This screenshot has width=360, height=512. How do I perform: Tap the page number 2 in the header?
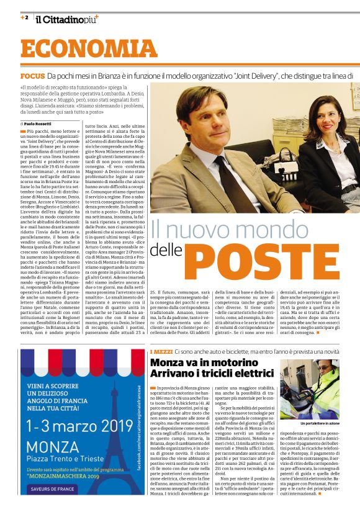25,17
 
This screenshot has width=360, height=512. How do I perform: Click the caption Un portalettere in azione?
318,423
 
